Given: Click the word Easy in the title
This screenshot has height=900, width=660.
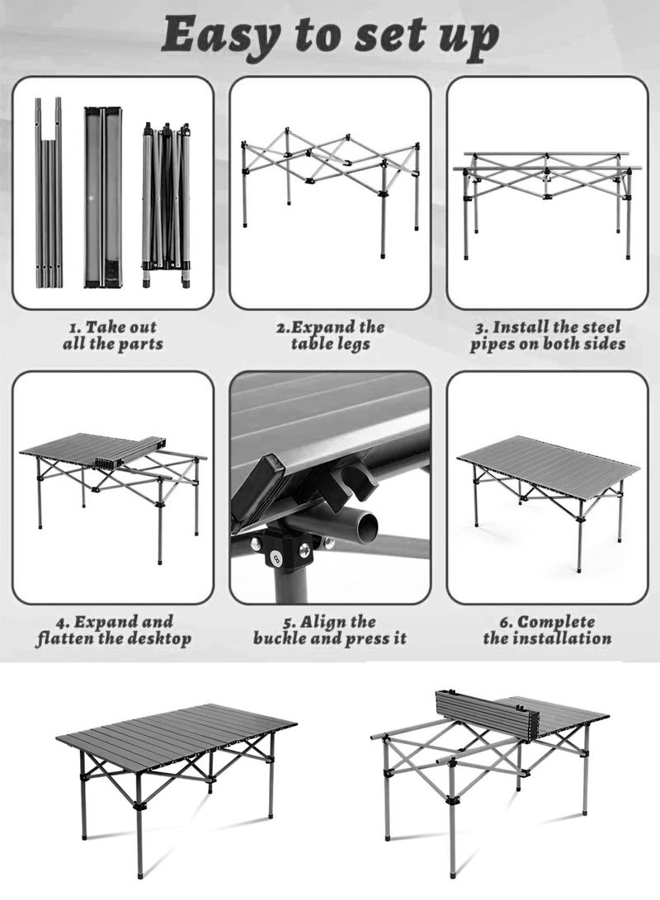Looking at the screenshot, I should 218,36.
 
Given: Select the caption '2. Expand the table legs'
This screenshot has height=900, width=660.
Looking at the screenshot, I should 330,336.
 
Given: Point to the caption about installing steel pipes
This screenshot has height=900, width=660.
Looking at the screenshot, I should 548,336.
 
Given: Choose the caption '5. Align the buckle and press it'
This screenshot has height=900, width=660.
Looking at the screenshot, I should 330,629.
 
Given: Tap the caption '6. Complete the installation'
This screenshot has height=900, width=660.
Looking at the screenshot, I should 548,629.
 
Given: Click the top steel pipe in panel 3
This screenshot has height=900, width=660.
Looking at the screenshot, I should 544,154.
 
